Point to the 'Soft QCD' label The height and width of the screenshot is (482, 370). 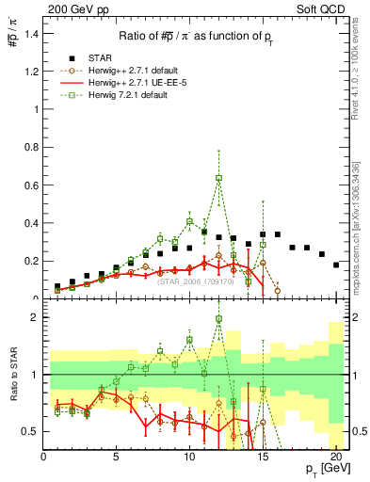click(324, 8)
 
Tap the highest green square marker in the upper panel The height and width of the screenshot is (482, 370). click(218, 177)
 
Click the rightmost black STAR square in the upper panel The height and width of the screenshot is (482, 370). click(336, 265)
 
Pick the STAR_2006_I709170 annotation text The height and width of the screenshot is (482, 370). click(195, 281)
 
